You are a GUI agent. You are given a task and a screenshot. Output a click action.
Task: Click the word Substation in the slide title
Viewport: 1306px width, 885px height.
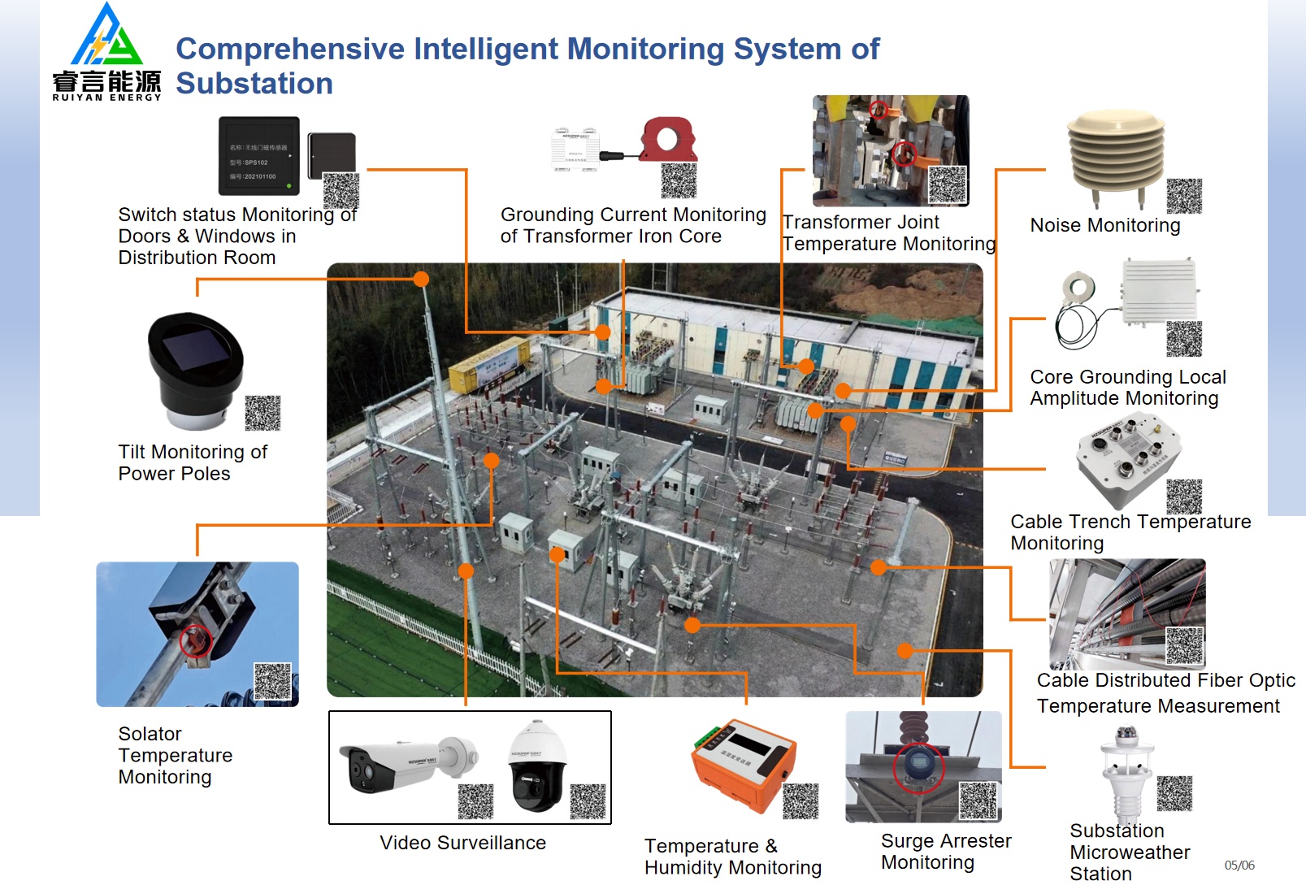[x=254, y=84]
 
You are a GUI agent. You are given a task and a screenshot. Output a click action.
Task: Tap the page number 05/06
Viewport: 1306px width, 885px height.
[x=1239, y=865]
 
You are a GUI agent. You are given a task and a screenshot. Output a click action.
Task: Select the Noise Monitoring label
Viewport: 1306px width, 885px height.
[x=1104, y=225]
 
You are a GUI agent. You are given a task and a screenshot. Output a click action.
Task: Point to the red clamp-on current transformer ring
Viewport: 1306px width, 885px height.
[x=668, y=139]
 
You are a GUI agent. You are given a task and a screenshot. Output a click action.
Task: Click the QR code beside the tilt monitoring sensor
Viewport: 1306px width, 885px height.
[x=263, y=413]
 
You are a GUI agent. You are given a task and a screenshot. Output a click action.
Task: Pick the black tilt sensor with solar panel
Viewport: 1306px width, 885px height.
[x=195, y=370]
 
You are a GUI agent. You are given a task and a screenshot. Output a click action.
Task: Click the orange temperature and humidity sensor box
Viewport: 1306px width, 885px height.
[x=741, y=764]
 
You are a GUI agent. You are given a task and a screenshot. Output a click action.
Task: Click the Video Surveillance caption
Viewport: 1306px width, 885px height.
[x=462, y=843]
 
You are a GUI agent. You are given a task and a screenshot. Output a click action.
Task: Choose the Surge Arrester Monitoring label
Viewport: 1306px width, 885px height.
[x=945, y=851]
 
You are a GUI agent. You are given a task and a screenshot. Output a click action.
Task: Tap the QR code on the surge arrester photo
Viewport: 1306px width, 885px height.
[x=978, y=800]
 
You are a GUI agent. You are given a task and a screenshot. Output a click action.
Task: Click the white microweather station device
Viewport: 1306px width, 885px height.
[x=1126, y=772]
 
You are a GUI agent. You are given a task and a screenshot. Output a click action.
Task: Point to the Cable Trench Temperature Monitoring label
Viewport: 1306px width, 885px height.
[x=1130, y=531]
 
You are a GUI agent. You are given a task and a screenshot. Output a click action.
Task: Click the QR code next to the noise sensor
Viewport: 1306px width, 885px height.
[x=1183, y=196]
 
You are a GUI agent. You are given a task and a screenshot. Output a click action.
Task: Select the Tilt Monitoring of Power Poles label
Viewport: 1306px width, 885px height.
[x=193, y=462]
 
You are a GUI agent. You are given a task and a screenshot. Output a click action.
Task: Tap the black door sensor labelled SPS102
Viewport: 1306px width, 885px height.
[x=258, y=156]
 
